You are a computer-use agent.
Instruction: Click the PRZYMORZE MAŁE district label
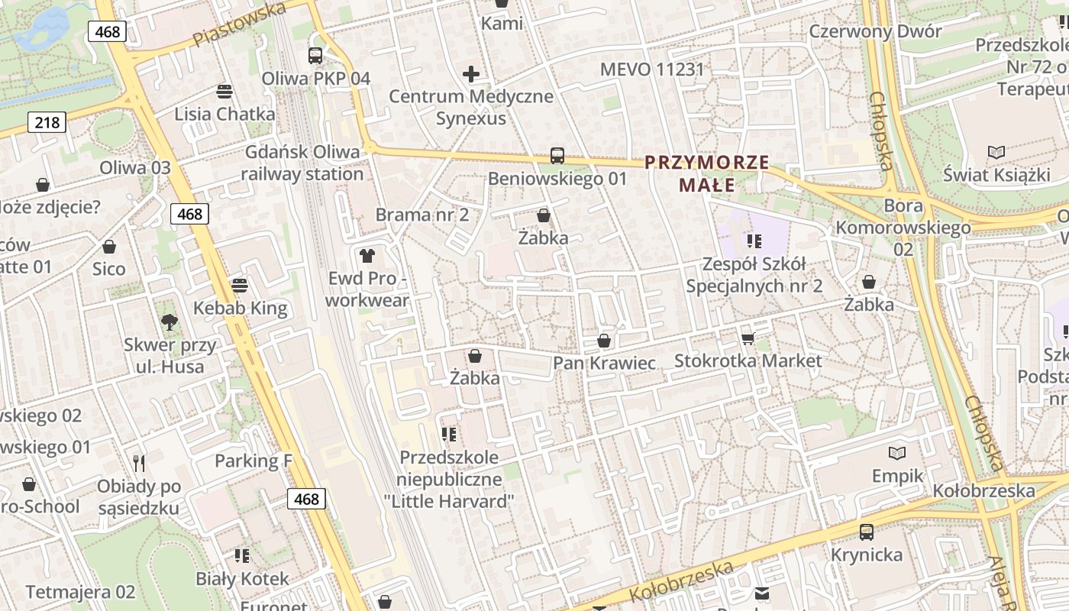[x=706, y=173]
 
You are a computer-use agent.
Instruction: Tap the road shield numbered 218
[x=47, y=121]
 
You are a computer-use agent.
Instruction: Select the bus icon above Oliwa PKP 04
[x=315, y=56]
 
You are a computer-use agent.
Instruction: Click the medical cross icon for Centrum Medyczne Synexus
[x=471, y=74]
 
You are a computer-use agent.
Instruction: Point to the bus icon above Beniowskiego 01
[x=557, y=156]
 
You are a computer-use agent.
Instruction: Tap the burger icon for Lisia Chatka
[x=224, y=92]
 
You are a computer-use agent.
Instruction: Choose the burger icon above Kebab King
[x=240, y=286]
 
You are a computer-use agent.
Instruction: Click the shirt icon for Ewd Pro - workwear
[x=367, y=255]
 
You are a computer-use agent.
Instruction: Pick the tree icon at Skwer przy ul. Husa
[x=169, y=322]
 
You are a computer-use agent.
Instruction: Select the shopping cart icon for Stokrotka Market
[x=748, y=338]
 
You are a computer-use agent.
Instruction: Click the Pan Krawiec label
[x=604, y=363]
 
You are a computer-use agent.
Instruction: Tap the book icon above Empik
[x=897, y=454]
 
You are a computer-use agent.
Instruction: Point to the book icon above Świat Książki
[x=996, y=152]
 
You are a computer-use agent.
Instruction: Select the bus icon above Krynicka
[x=867, y=532]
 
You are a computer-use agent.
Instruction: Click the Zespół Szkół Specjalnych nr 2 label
[x=754, y=275]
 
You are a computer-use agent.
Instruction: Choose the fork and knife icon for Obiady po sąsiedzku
[x=139, y=464]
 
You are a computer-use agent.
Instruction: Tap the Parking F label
[x=254, y=461]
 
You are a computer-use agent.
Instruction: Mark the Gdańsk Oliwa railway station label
[x=302, y=163]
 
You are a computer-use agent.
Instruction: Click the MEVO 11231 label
[x=652, y=70]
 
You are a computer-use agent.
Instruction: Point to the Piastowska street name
[x=240, y=24]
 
